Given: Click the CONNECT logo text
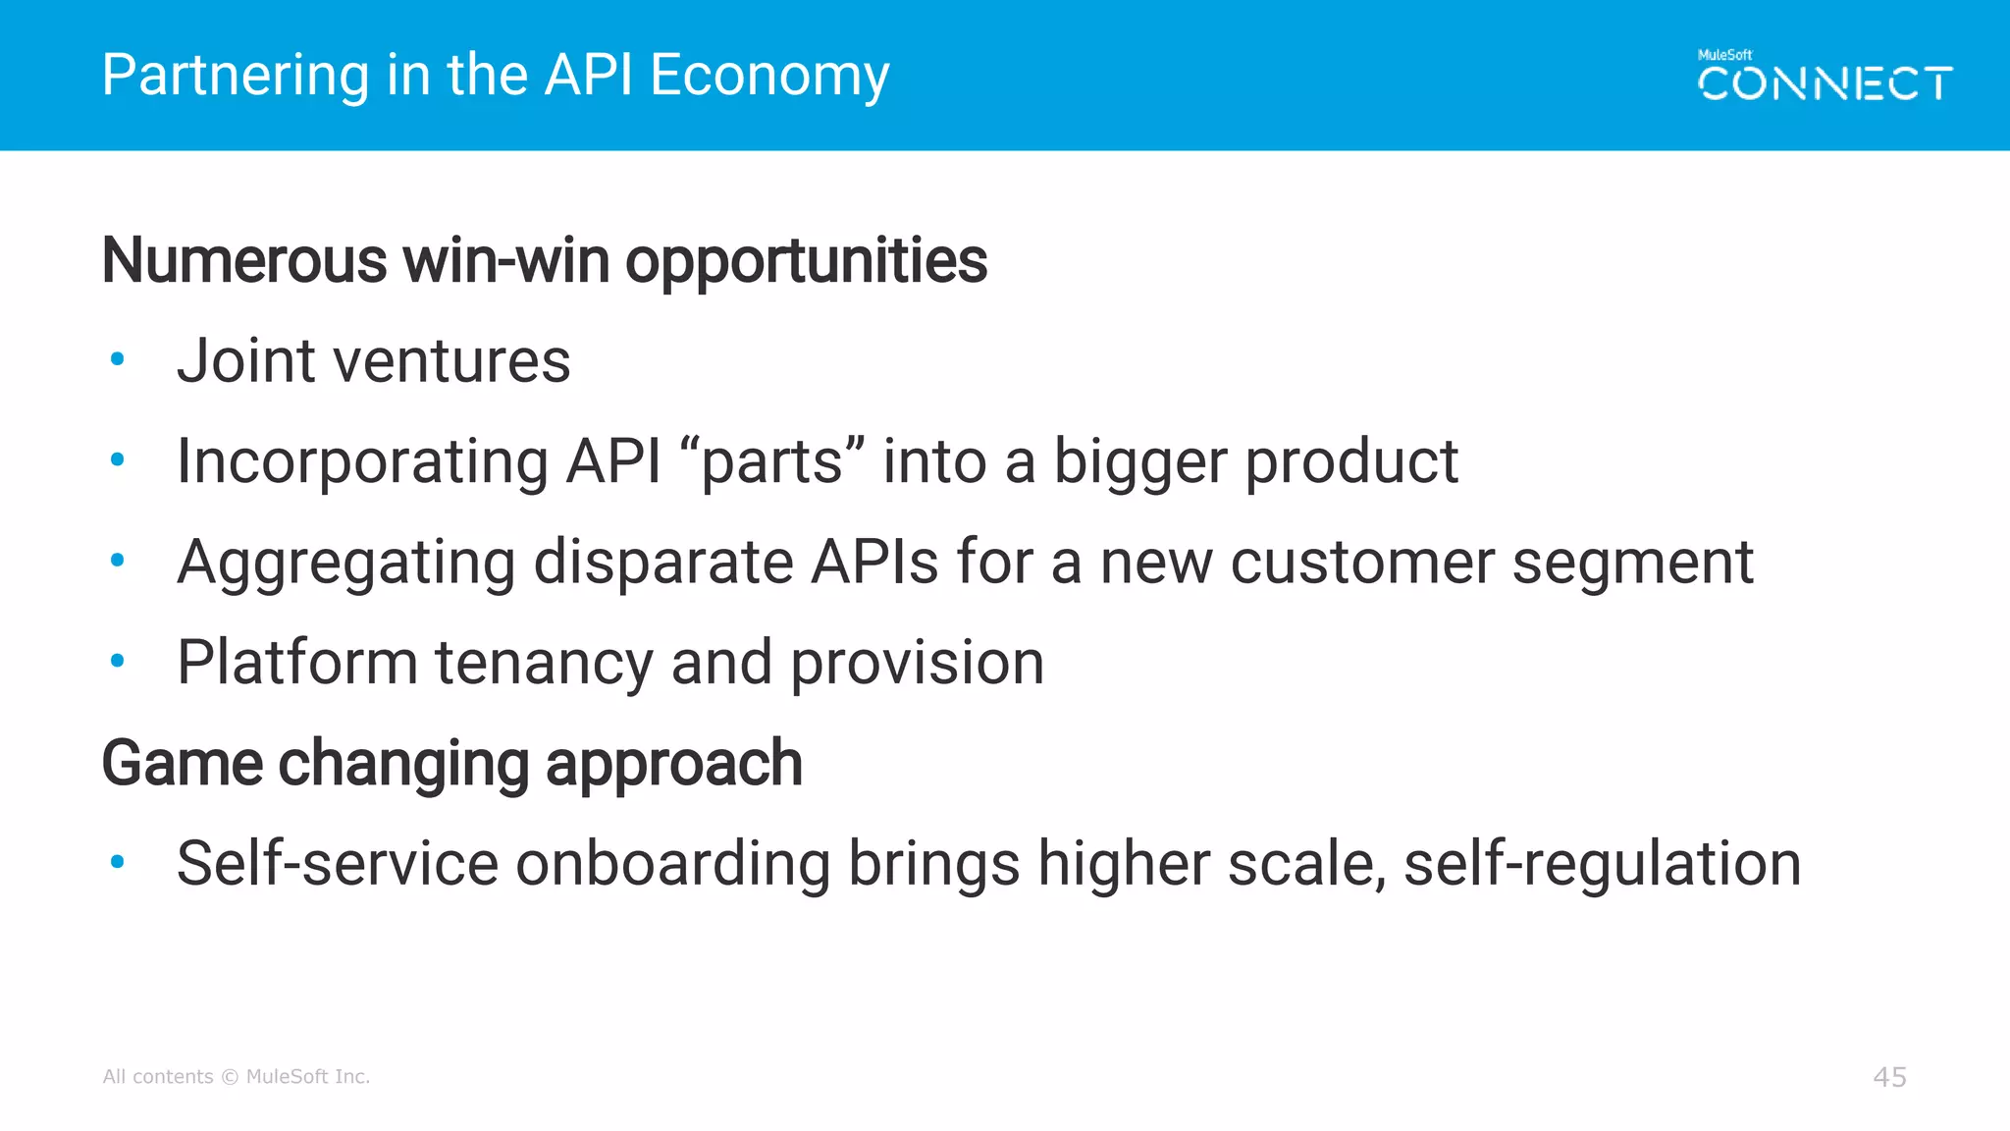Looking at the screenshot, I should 1825,84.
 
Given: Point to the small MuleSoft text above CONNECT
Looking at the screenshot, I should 1724,55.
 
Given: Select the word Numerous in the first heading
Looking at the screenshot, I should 244,261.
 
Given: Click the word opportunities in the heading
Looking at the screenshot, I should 806,263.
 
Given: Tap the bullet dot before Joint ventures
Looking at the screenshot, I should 118,359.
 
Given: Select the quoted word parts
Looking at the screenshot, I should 771,463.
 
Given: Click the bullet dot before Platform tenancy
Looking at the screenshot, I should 118,661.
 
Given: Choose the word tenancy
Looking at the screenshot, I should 544,664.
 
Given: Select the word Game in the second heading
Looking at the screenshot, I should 182,764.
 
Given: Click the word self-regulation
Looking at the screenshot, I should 1602,864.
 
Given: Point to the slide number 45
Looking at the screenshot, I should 1889,1077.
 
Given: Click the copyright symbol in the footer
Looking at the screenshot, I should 230,1077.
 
